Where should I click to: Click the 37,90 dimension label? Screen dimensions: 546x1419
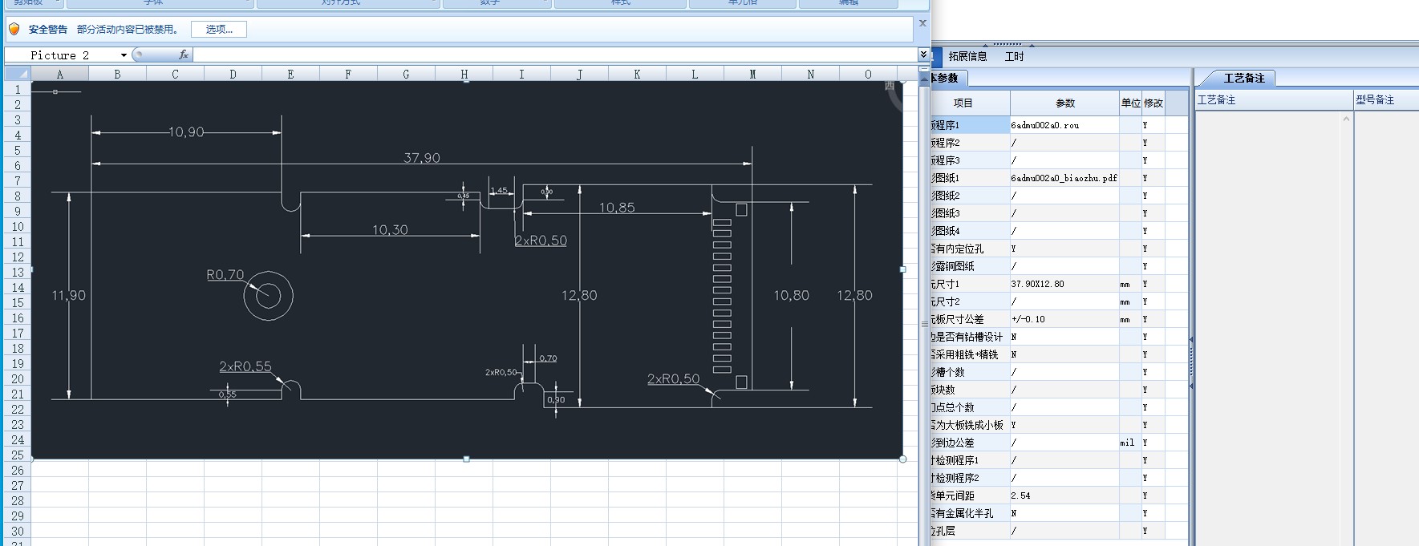(422, 158)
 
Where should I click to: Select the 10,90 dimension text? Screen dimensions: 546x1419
(186, 132)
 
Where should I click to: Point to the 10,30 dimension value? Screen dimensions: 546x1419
(390, 230)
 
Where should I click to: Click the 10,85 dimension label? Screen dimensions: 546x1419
(617, 208)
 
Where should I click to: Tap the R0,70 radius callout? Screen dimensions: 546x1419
(225, 275)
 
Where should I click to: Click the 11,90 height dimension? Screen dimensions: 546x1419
(69, 296)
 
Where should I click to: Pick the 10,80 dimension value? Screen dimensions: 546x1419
(791, 296)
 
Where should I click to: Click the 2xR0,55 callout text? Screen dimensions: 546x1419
(245, 366)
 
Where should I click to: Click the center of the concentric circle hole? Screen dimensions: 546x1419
(269, 296)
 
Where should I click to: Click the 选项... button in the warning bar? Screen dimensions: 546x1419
(219, 30)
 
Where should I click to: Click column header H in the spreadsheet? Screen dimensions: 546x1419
(464, 74)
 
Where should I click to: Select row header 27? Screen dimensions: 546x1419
(18, 486)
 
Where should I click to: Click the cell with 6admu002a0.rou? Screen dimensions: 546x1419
(1064, 125)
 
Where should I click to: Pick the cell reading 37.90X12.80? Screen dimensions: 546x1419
(1064, 284)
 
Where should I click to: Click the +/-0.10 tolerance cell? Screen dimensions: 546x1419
(1064, 319)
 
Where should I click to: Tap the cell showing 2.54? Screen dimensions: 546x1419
(1064, 495)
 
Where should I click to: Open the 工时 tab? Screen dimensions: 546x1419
(1014, 57)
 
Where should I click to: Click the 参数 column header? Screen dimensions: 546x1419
(1064, 103)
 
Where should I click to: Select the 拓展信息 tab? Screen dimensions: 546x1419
(967, 57)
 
